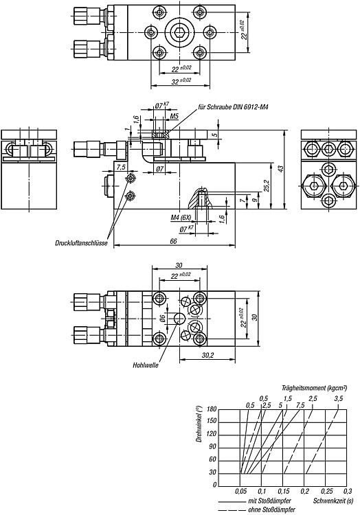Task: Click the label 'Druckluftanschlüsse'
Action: pyautogui.click(x=81, y=243)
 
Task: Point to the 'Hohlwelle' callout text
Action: pyautogui.click(x=146, y=365)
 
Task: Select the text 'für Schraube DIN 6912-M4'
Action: pyautogui.click(x=233, y=107)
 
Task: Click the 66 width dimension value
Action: pyautogui.click(x=173, y=241)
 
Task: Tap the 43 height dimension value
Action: pyautogui.click(x=280, y=169)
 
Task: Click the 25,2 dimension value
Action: pyautogui.click(x=267, y=186)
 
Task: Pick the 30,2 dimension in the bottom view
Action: pyautogui.click(x=208, y=356)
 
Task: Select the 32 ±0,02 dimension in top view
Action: pyautogui.click(x=181, y=81)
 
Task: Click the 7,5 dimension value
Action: pyautogui.click(x=121, y=167)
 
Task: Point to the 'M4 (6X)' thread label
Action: pyautogui.click(x=180, y=218)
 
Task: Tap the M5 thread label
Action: pyautogui.click(x=174, y=116)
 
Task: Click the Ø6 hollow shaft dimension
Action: pyautogui.click(x=162, y=319)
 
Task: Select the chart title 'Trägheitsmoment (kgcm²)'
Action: pyautogui.click(x=315, y=388)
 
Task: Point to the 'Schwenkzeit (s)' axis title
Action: pyautogui.click(x=333, y=501)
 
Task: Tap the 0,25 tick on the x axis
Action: pyautogui.click(x=327, y=492)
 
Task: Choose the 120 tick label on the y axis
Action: pyautogui.click(x=212, y=434)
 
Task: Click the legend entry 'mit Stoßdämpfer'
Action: pyautogui.click(x=269, y=501)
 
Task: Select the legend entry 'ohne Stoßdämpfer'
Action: pyautogui.click(x=271, y=510)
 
